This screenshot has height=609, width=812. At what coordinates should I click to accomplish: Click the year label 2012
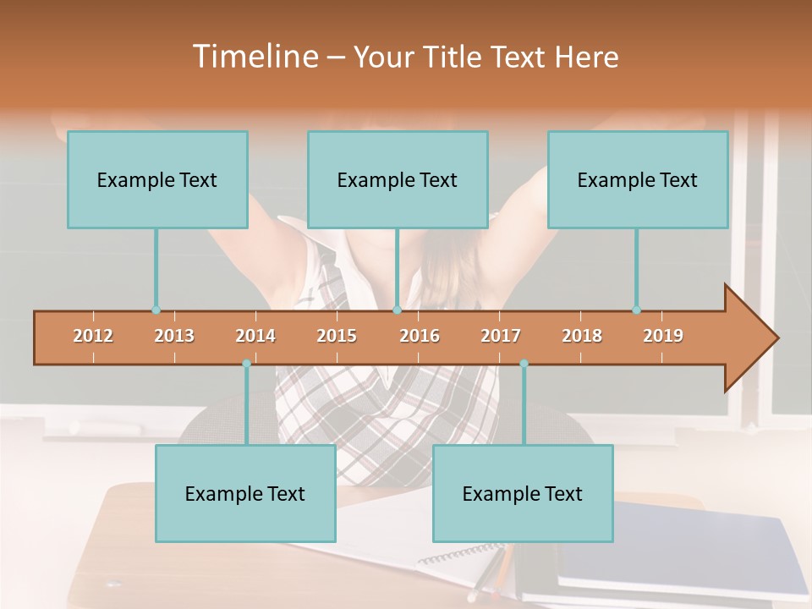(x=93, y=336)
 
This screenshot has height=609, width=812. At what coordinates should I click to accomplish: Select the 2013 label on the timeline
(x=174, y=336)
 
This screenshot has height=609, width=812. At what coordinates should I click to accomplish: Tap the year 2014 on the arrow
(x=255, y=336)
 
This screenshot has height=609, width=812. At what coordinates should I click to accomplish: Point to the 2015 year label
(x=337, y=336)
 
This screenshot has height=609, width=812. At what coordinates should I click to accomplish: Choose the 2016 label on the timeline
(x=420, y=336)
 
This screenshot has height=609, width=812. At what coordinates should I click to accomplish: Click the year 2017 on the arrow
(x=501, y=336)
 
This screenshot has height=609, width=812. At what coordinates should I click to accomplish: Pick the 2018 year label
(x=582, y=336)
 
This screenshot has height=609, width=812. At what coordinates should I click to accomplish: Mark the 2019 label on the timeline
(x=663, y=336)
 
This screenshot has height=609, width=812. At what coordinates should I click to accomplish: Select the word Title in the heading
(x=455, y=57)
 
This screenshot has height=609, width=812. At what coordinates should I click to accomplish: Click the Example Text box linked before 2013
(x=157, y=179)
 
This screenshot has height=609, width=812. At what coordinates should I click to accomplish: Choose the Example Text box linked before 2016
(x=398, y=179)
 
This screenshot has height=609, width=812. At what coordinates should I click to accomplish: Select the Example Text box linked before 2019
(x=638, y=179)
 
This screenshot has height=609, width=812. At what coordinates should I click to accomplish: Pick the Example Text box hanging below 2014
(x=245, y=493)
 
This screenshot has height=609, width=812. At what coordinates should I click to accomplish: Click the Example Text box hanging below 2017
(x=523, y=493)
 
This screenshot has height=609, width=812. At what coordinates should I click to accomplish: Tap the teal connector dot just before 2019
(x=637, y=310)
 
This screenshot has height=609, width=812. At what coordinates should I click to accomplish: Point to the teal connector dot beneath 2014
(x=246, y=364)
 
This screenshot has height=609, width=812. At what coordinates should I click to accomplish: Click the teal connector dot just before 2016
(x=397, y=310)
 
